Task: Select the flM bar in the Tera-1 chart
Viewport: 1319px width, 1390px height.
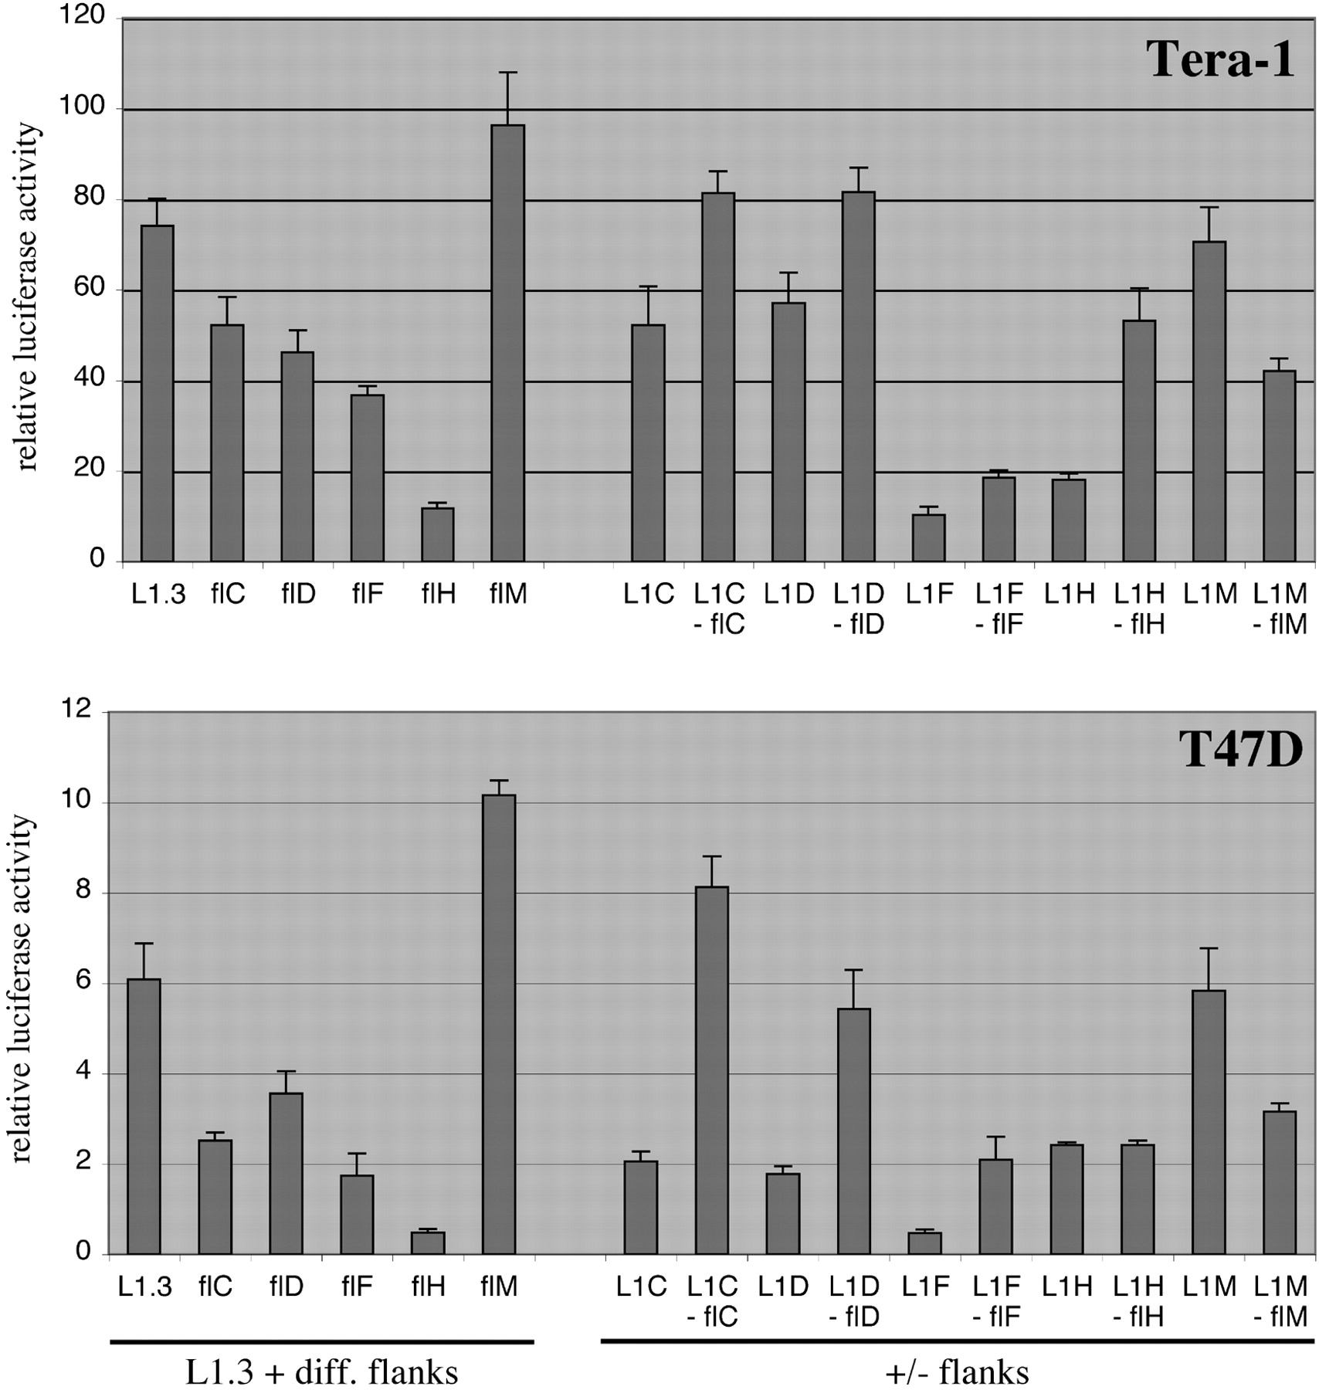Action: [508, 344]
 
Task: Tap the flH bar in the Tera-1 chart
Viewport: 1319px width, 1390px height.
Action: [438, 534]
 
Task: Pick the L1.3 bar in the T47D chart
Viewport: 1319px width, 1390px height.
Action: [144, 1116]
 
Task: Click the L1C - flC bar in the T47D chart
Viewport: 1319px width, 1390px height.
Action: [712, 1070]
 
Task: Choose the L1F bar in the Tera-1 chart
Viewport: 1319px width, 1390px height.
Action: [929, 537]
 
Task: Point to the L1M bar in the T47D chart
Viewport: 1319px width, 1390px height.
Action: [1209, 1121]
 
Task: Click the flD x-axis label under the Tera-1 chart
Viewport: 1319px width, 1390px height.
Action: [298, 594]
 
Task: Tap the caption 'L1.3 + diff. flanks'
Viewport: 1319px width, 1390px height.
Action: [322, 1371]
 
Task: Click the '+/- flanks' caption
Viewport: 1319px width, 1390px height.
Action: [958, 1371]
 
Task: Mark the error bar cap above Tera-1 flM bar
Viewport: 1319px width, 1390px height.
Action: [508, 73]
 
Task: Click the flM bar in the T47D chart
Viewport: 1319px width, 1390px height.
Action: [499, 1024]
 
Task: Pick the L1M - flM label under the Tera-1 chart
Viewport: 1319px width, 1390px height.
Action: [1280, 609]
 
